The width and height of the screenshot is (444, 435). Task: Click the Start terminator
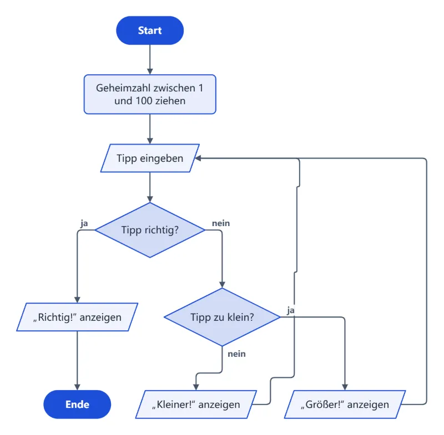pyautogui.click(x=150, y=30)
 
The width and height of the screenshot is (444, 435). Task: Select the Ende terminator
pyautogui.click(x=77, y=404)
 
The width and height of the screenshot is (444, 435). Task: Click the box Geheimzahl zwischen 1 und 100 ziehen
pyautogui.click(x=150, y=94)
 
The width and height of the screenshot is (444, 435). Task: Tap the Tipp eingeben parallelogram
pyautogui.click(x=150, y=158)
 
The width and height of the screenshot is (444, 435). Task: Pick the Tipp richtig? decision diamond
pyautogui.click(x=150, y=230)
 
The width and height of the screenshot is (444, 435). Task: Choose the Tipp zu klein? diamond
pyautogui.click(x=222, y=317)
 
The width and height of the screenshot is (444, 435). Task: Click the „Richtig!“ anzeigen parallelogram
pyautogui.click(x=77, y=317)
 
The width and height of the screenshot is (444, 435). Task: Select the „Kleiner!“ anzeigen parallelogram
pyautogui.click(x=196, y=404)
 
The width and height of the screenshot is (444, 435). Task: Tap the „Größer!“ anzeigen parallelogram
pyautogui.click(x=345, y=404)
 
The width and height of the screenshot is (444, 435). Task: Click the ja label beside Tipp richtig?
pyautogui.click(x=84, y=223)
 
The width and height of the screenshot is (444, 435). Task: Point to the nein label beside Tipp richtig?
pyautogui.click(x=221, y=223)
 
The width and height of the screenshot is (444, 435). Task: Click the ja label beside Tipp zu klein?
pyautogui.click(x=291, y=310)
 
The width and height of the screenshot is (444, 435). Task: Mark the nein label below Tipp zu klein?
pyautogui.click(x=237, y=354)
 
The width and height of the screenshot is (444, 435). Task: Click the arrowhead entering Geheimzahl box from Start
pyautogui.click(x=150, y=71)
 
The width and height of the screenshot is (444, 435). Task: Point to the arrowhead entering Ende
pyautogui.click(x=77, y=387)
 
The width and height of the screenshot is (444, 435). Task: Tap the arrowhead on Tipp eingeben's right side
pyautogui.click(x=198, y=158)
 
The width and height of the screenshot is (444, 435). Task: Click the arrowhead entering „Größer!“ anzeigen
pyautogui.click(x=345, y=387)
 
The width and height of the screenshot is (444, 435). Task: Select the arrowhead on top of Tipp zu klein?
pyautogui.click(x=222, y=285)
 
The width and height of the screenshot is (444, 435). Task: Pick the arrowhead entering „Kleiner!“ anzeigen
pyautogui.click(x=196, y=387)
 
